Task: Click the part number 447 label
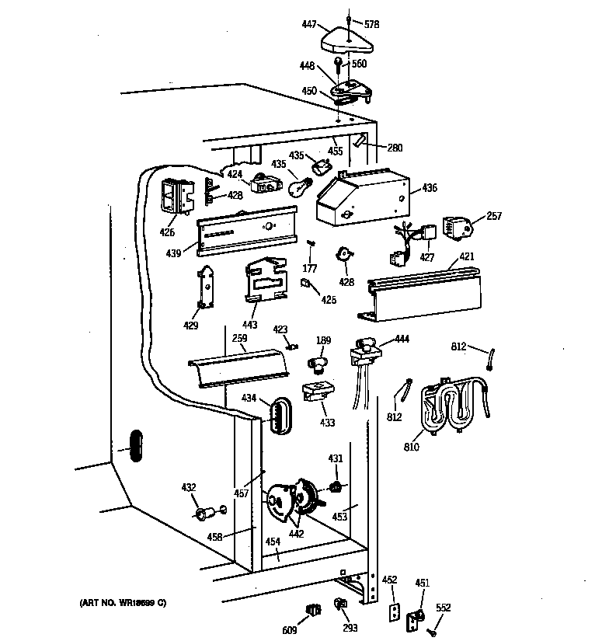point(309,26)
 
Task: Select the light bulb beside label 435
point(299,186)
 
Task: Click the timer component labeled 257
point(458,227)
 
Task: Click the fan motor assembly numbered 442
point(291,501)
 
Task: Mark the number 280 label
point(395,148)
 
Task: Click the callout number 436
point(429,188)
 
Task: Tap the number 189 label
point(322,341)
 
